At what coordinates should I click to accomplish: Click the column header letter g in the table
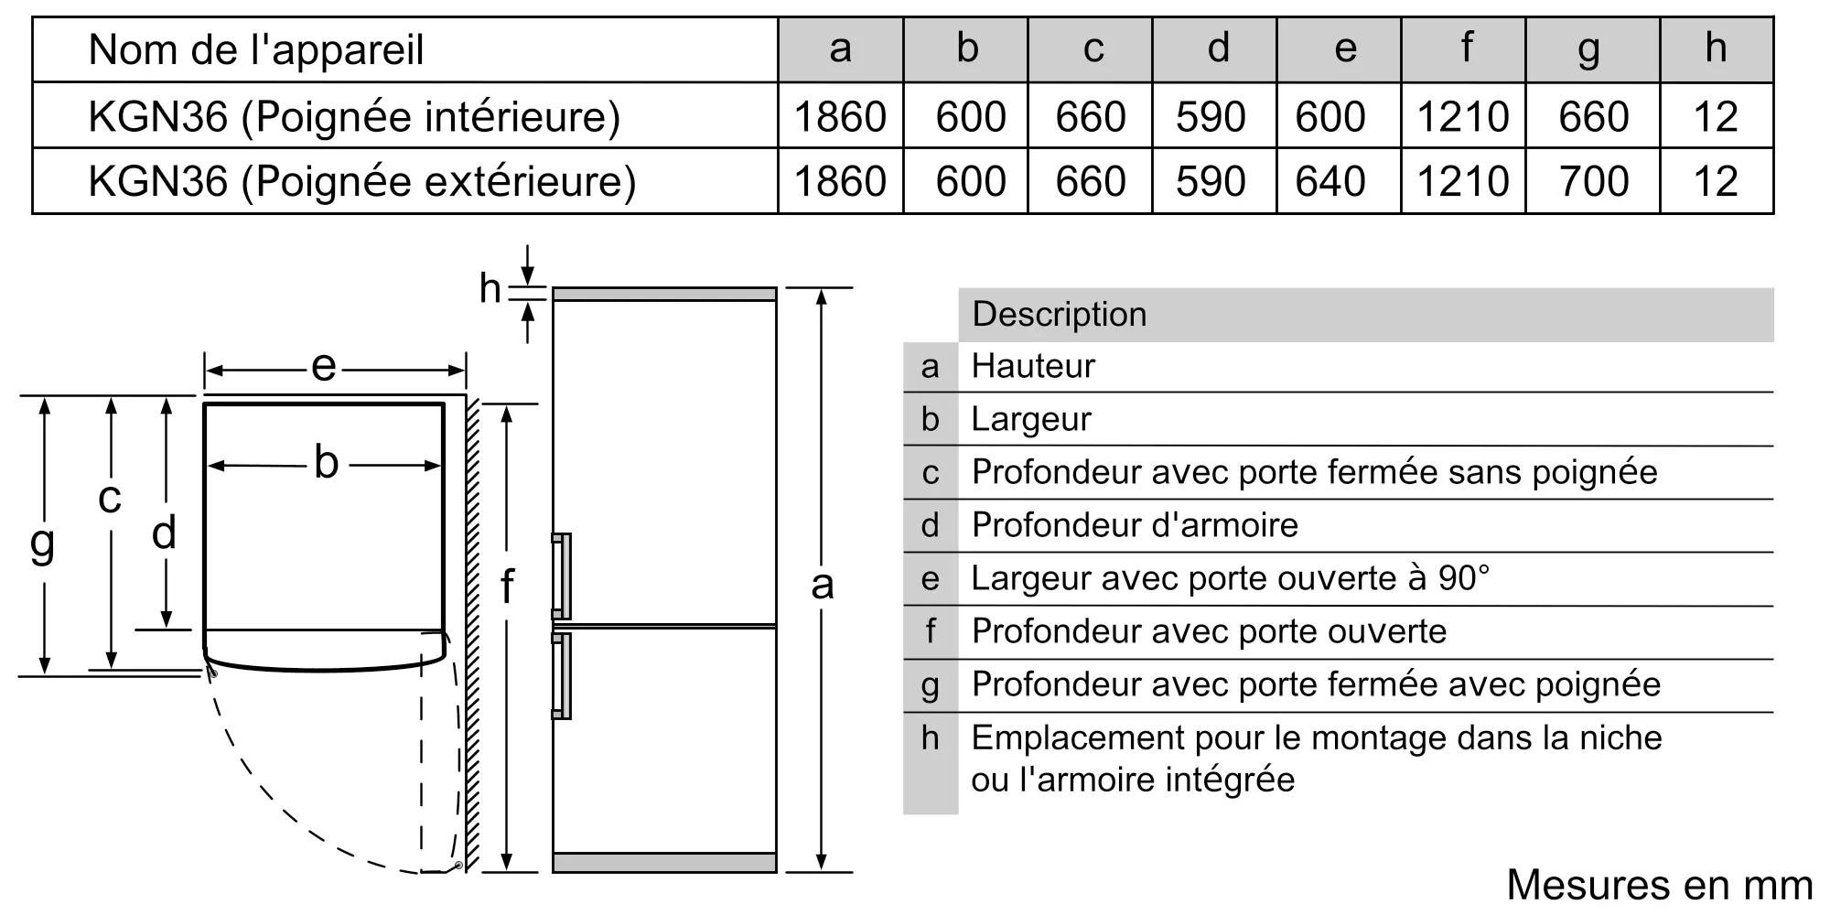tap(1590, 50)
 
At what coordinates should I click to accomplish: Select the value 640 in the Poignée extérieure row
tap(1330, 181)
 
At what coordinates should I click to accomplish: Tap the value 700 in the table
tap(1594, 181)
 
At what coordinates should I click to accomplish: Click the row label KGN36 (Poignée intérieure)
tap(354, 117)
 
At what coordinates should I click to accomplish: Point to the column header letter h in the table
tap(1716, 48)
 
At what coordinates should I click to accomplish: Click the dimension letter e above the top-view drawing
tap(324, 367)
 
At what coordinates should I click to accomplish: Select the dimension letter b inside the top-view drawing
tap(326, 462)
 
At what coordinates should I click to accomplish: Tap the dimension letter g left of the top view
tap(42, 544)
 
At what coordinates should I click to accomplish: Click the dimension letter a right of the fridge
tap(822, 585)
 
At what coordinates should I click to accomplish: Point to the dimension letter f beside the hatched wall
tap(507, 586)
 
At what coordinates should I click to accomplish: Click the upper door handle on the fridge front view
tap(561, 576)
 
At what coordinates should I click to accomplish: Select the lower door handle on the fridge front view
tap(561, 675)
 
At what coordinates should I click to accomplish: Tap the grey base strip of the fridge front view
tap(664, 862)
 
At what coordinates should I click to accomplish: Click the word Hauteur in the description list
tap(1033, 366)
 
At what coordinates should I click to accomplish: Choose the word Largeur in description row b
tap(1031, 420)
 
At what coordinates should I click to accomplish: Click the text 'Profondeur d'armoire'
tap(1135, 525)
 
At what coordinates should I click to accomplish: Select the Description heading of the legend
tap(1059, 314)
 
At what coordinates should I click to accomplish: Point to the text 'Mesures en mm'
tap(1660, 885)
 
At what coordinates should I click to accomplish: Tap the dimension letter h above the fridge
tap(490, 288)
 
